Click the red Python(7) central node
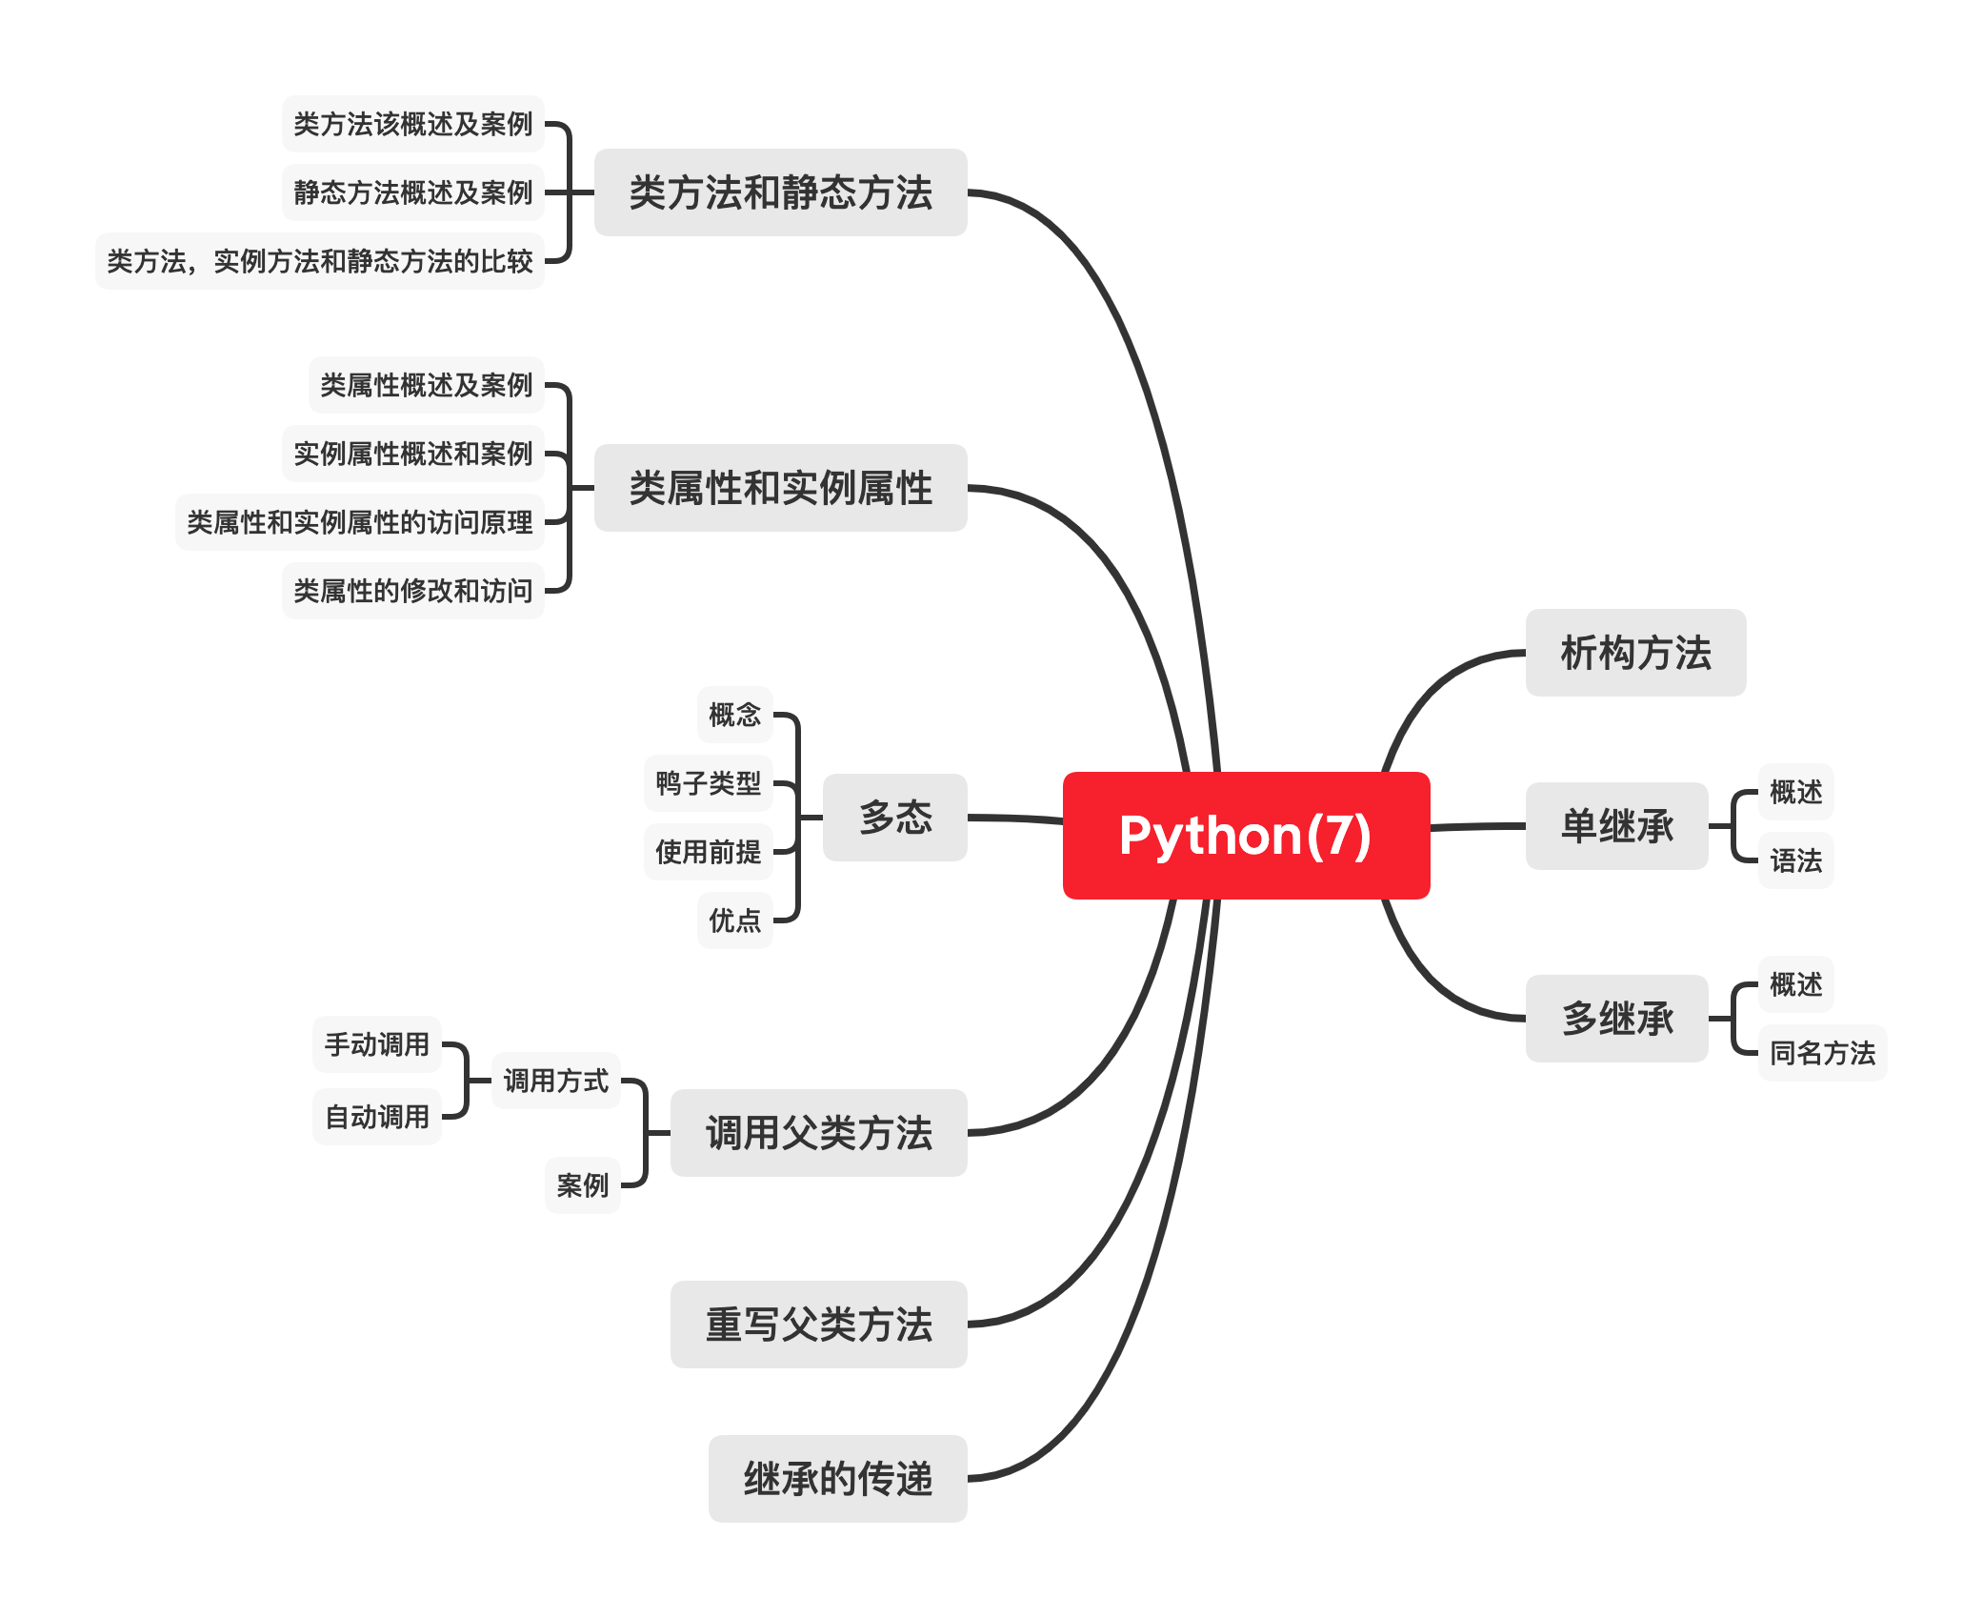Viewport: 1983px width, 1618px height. (x=1245, y=835)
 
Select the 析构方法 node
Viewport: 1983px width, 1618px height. (x=1634, y=653)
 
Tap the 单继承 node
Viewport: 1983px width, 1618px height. (x=1616, y=826)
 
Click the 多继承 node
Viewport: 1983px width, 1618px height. (x=1616, y=1018)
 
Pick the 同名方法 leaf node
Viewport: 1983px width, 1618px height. (x=1821, y=1052)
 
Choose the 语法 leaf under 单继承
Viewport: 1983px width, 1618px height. (x=1794, y=860)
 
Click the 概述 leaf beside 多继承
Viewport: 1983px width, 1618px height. (x=1794, y=983)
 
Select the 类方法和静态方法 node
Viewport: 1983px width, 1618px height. (x=780, y=192)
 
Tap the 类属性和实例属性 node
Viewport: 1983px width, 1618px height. (x=780, y=488)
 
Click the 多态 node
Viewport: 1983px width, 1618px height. (x=894, y=818)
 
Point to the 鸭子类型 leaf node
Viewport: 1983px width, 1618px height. (x=708, y=783)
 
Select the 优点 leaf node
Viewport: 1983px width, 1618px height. (x=734, y=920)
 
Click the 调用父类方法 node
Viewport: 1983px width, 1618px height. (x=818, y=1133)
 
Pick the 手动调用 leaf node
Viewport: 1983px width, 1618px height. (x=376, y=1044)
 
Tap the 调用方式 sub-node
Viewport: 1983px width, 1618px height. (x=555, y=1081)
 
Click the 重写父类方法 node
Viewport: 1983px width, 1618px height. (x=818, y=1325)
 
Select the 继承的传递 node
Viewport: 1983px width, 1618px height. (x=837, y=1479)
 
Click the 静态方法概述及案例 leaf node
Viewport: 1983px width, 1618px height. (x=412, y=192)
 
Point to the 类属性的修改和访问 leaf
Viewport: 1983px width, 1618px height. (x=412, y=591)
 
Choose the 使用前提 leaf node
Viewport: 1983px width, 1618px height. (x=708, y=852)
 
